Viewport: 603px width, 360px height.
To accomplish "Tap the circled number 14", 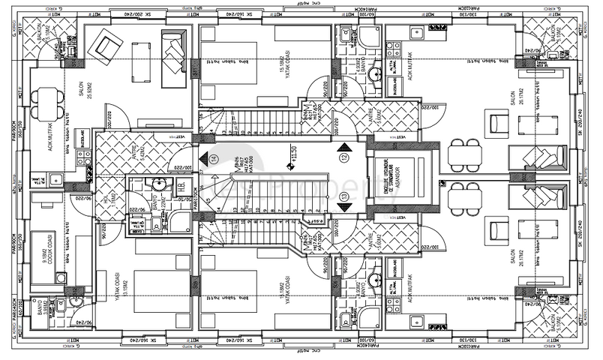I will tap(213, 158).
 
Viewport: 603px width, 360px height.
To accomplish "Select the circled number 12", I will tap(344, 158).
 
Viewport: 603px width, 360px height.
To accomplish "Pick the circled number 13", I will tap(344, 196).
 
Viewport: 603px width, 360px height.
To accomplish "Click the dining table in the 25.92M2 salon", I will tap(49, 103).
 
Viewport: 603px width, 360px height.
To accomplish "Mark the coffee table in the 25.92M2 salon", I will tap(142, 60).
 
